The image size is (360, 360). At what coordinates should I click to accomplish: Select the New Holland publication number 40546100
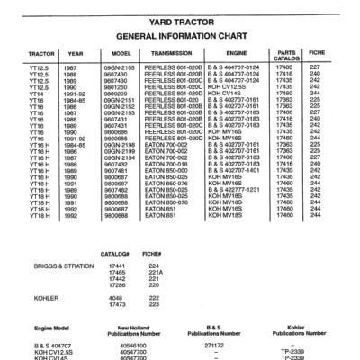pyautogui.click(x=132, y=345)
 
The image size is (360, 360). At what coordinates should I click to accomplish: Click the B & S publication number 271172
pyautogui.click(x=213, y=345)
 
